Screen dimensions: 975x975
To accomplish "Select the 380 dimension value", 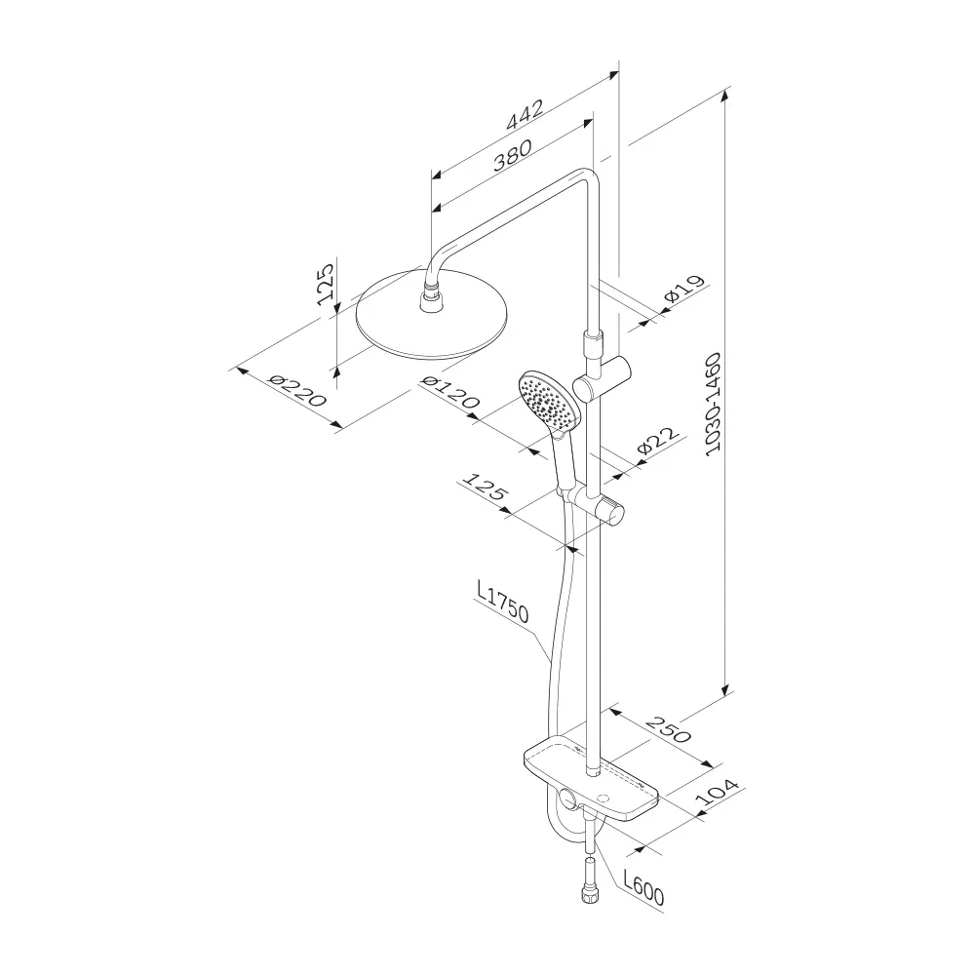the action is (x=513, y=155).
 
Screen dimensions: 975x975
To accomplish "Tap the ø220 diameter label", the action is (x=295, y=390).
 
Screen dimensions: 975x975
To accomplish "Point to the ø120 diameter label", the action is (x=450, y=392).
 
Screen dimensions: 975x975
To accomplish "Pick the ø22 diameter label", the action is (x=658, y=442).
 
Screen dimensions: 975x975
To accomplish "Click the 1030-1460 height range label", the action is (x=714, y=405).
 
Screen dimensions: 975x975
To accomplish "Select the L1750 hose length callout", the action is (x=502, y=602).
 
